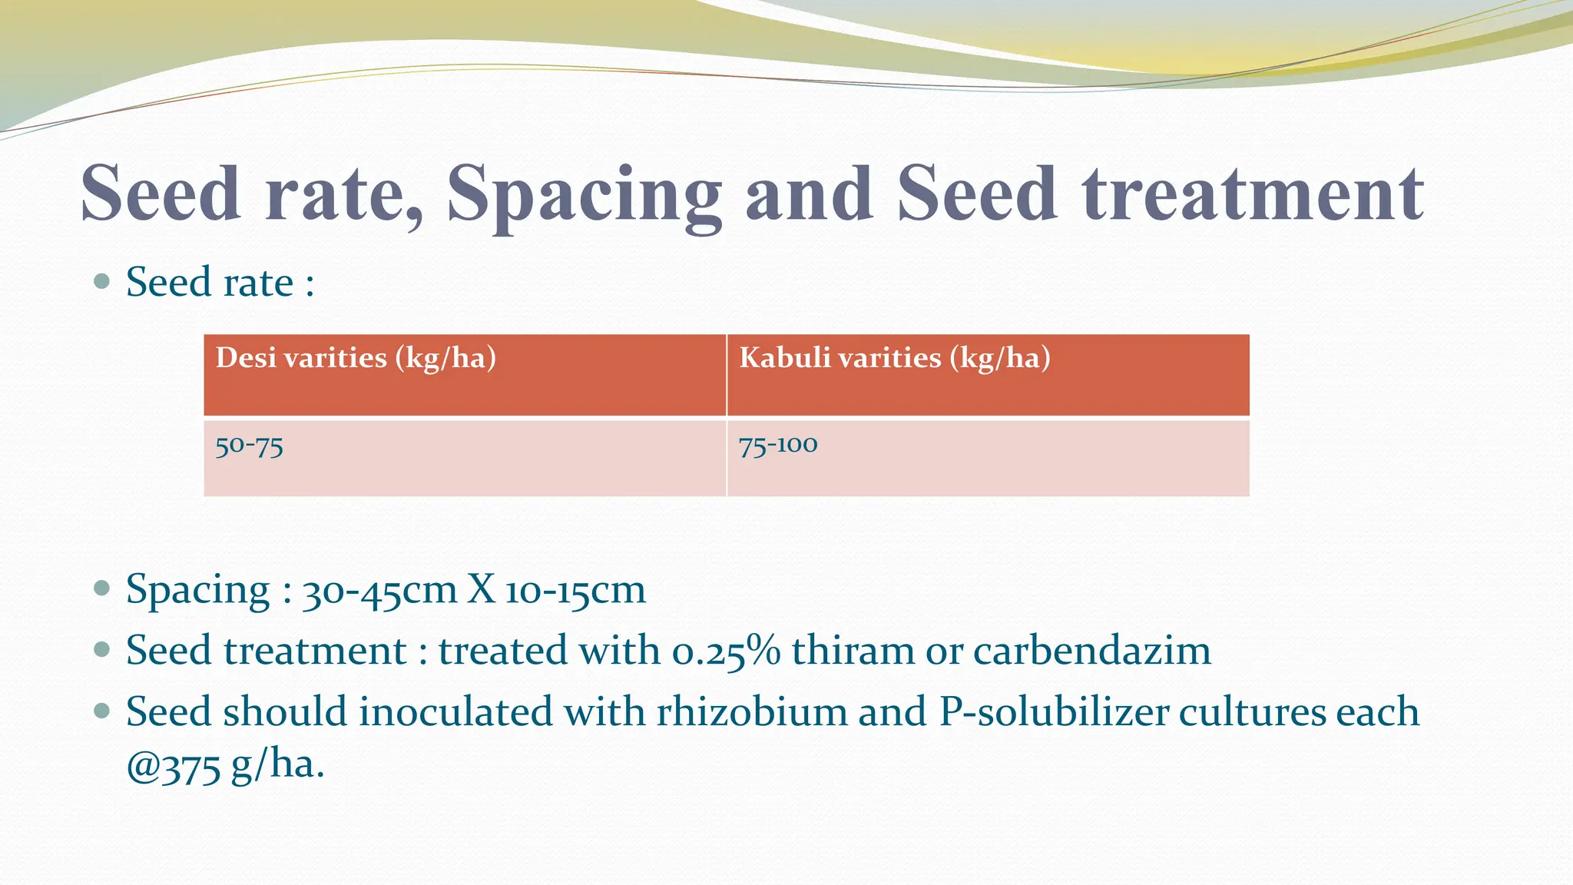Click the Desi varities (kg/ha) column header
(x=356, y=358)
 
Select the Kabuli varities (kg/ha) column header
(x=894, y=358)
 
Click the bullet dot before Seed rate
(x=101, y=281)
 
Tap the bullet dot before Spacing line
(x=101, y=588)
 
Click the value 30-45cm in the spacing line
(x=379, y=591)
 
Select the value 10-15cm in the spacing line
(x=575, y=591)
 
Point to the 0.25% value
(x=726, y=651)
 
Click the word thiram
(x=853, y=651)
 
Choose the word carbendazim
(x=1091, y=651)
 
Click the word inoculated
(x=455, y=711)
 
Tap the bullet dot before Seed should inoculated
(x=101, y=711)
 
